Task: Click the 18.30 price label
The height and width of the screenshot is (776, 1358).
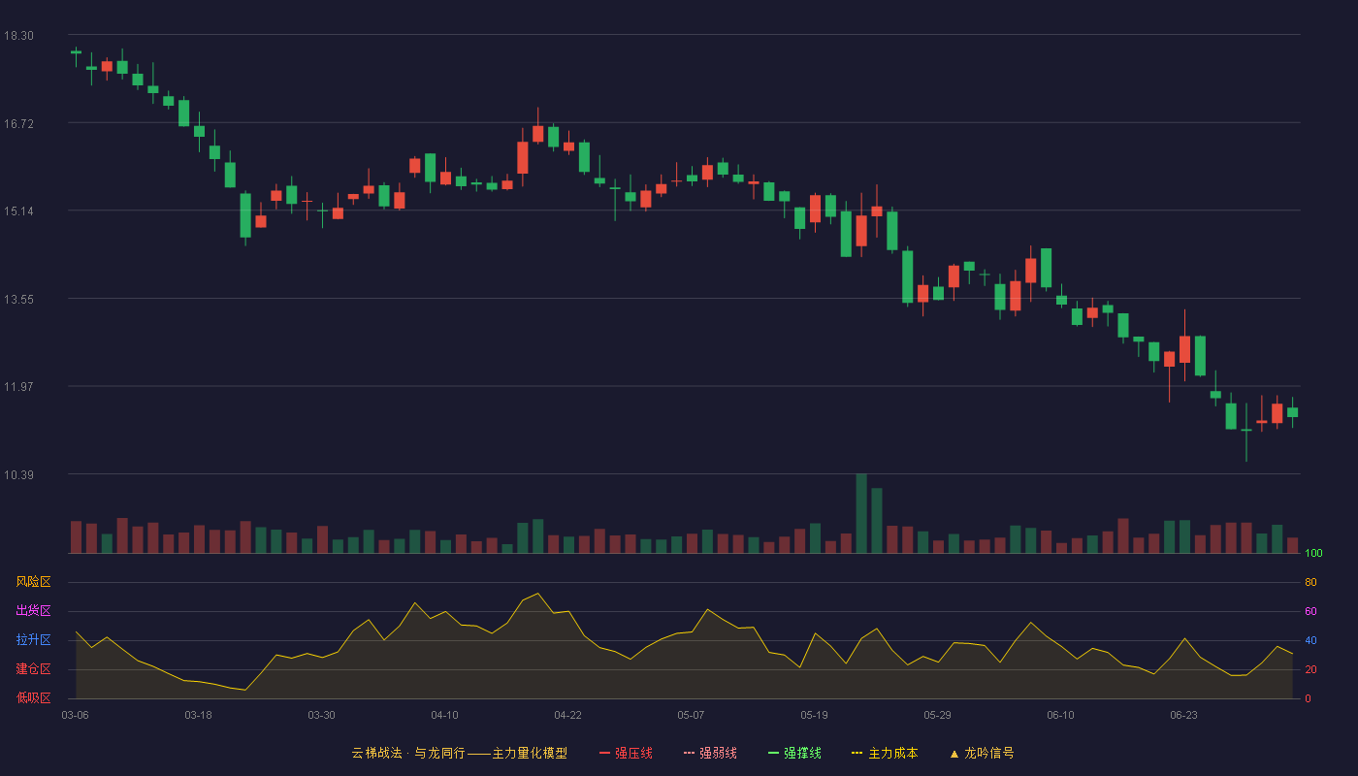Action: coord(18,36)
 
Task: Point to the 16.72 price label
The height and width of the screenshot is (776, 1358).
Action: coord(18,124)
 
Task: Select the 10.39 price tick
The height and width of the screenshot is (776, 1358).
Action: coord(18,474)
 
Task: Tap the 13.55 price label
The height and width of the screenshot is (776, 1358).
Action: coord(18,300)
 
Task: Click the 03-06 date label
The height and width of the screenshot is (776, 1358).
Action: coord(76,716)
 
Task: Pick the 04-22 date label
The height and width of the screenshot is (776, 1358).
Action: coord(567,716)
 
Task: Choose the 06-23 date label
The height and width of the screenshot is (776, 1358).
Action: coord(1183,716)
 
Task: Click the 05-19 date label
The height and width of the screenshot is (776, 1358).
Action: coord(814,716)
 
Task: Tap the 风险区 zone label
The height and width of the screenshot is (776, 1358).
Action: coord(33,582)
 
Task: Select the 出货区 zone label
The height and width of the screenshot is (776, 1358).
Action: coord(33,610)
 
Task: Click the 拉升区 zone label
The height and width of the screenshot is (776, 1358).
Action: coord(33,639)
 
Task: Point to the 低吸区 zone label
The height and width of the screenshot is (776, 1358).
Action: coord(33,697)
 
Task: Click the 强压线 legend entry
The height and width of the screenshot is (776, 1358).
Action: coord(626,753)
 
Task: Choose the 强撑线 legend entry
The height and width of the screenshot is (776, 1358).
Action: coord(794,753)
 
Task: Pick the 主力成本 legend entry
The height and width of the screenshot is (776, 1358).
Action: coord(885,753)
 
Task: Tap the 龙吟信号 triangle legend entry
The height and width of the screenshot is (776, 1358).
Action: coord(982,753)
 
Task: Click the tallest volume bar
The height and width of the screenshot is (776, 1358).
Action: coord(861,513)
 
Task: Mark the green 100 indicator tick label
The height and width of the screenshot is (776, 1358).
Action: coord(1313,553)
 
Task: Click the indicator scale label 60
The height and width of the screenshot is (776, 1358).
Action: coord(1310,611)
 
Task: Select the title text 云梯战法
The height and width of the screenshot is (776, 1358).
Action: coord(376,753)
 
